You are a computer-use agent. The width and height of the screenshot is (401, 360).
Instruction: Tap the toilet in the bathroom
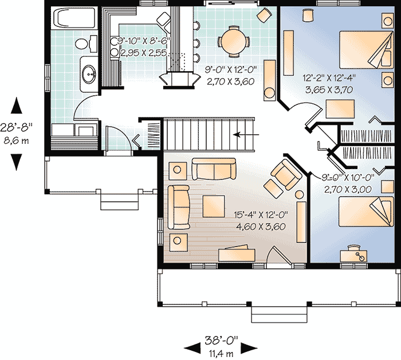(x=82, y=43)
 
